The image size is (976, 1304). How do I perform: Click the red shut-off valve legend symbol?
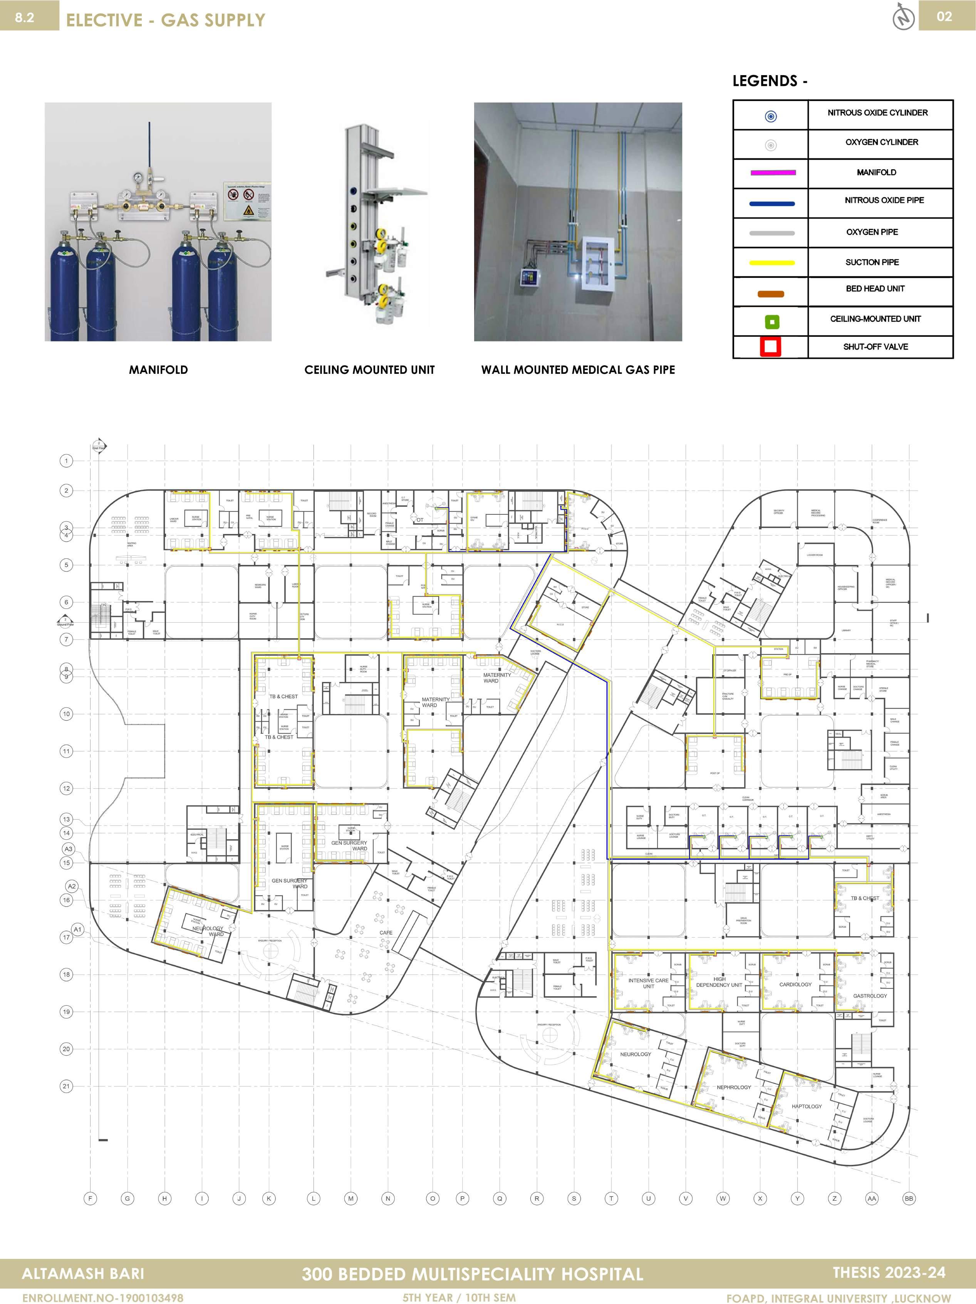point(770,347)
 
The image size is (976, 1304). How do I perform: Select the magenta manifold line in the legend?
point(773,173)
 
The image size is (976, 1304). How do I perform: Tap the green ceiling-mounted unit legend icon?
point(771,322)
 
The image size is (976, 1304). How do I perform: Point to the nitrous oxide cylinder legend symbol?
point(770,116)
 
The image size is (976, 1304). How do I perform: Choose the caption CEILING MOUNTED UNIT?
point(369,370)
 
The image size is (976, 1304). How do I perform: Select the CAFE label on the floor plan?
point(386,933)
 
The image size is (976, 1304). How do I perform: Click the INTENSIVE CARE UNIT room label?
point(648,983)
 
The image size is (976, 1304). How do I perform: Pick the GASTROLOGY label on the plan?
point(870,996)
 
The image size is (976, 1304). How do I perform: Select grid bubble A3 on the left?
point(69,849)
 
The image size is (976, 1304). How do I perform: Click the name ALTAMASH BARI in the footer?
point(83,1274)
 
